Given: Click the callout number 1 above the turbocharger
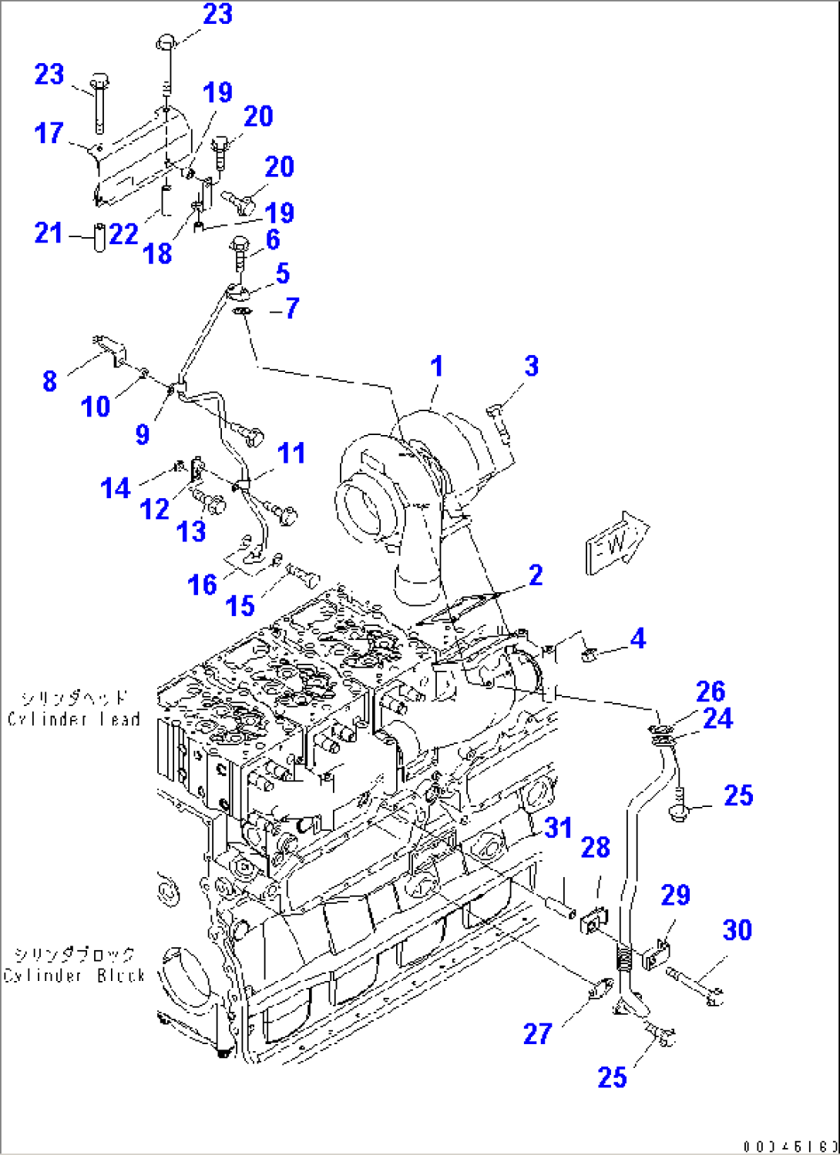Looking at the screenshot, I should pyautogui.click(x=437, y=367).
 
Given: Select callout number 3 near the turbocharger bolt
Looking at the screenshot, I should pyautogui.click(x=531, y=367).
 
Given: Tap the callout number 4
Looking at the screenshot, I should pyautogui.click(x=637, y=638).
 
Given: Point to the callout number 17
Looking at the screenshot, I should pyautogui.click(x=49, y=133).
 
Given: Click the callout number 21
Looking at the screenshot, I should pyautogui.click(x=49, y=233).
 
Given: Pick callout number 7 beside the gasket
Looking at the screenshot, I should pyautogui.click(x=291, y=309).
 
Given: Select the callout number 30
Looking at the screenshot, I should pyautogui.click(x=737, y=930).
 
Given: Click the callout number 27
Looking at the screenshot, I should pyautogui.click(x=537, y=1033).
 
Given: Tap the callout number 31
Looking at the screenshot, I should pyautogui.click(x=558, y=829).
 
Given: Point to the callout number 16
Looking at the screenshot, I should pyautogui.click(x=202, y=585).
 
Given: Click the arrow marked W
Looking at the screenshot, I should pyautogui.click(x=617, y=544).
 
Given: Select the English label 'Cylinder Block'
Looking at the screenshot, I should pyautogui.click(x=74, y=976).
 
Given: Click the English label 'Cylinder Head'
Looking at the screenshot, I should pyautogui.click(x=74, y=719).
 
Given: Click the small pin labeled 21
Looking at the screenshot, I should pyautogui.click(x=99, y=236).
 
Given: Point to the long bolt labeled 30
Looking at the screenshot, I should pyautogui.click(x=694, y=986).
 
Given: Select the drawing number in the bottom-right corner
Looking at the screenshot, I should pyautogui.click(x=790, y=1147).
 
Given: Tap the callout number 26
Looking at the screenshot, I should pyautogui.click(x=710, y=691).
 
